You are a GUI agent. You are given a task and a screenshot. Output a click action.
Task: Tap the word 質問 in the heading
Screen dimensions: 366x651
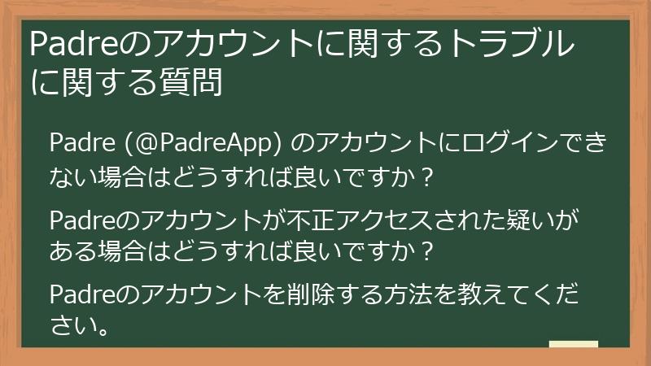193,83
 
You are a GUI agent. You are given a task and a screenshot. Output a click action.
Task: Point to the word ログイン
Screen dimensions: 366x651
483,143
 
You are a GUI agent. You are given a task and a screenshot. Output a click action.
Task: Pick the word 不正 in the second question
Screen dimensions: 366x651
325,221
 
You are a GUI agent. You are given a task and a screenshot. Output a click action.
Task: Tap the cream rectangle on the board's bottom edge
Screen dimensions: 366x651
573,345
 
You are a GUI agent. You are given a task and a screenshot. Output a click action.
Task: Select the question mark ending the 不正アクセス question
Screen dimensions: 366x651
423,249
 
